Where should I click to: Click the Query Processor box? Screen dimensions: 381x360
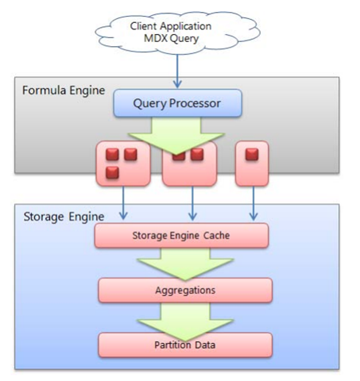(x=176, y=102)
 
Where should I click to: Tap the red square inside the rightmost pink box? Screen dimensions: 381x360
(x=252, y=154)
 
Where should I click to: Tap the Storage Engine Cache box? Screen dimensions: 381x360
(x=181, y=235)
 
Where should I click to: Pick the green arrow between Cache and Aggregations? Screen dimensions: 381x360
(x=184, y=262)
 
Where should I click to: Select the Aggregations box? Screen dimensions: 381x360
(x=184, y=291)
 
